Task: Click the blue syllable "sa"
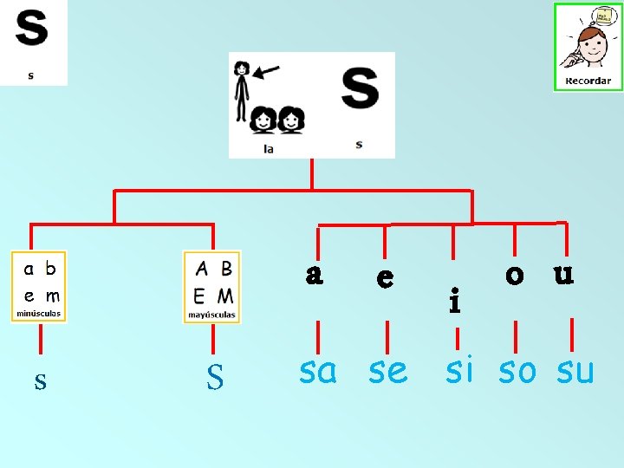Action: point(317,372)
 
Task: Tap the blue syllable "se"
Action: point(387,372)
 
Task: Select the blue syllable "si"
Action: point(459,370)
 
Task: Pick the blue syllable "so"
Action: point(517,372)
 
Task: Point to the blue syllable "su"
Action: point(575,372)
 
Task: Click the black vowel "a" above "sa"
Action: point(315,275)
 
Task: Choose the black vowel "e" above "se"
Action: point(386,278)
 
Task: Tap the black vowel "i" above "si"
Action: point(454,301)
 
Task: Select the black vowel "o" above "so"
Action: point(515,275)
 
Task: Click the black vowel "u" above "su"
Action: point(564,275)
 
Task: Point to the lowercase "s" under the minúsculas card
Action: point(40,379)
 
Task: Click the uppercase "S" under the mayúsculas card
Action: point(215,377)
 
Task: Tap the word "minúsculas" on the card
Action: point(38,313)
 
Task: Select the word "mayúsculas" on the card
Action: point(212,315)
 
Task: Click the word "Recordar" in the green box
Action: point(588,81)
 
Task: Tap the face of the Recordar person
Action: point(592,42)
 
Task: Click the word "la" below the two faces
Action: point(269,149)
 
